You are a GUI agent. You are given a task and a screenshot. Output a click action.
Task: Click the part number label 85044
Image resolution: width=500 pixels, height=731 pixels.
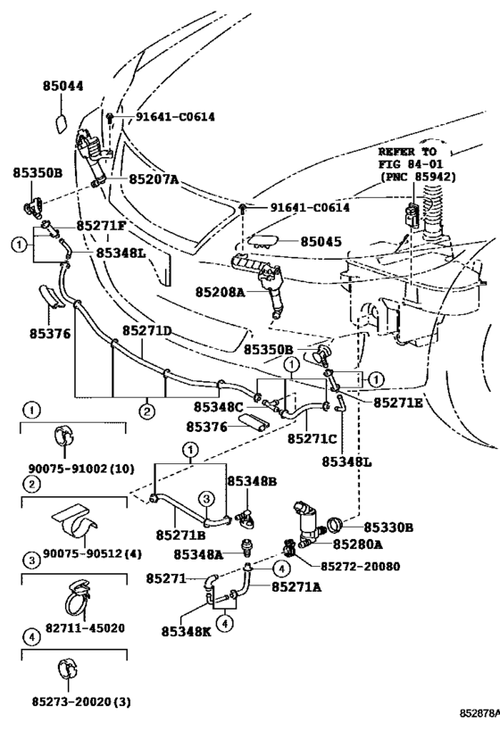(63, 87)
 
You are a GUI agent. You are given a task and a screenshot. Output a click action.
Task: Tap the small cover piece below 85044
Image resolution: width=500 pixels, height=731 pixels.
(62, 122)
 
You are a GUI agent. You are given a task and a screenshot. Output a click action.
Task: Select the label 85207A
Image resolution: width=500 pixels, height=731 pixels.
(154, 179)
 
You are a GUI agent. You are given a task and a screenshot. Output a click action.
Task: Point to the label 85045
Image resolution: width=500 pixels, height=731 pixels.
(321, 242)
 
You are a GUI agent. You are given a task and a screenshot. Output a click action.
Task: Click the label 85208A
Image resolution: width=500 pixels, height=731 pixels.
(221, 292)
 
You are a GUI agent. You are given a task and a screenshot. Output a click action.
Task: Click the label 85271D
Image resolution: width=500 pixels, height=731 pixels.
(147, 330)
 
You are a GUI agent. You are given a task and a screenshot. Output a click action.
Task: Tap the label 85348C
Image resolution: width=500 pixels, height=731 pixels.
(218, 407)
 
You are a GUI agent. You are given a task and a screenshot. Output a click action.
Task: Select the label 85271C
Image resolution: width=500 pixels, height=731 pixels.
(312, 439)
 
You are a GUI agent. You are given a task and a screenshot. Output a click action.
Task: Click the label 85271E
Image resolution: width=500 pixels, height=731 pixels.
(398, 403)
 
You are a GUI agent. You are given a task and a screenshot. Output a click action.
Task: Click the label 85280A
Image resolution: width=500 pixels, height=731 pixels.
(358, 544)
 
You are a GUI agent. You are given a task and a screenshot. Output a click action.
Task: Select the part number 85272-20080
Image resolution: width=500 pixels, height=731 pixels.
(360, 567)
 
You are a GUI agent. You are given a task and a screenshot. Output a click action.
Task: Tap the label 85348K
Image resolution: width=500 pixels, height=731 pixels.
(186, 631)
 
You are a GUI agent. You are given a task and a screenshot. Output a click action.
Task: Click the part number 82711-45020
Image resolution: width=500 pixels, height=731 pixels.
(85, 628)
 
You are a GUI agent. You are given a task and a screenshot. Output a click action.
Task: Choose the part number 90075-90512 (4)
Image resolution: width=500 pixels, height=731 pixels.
(92, 553)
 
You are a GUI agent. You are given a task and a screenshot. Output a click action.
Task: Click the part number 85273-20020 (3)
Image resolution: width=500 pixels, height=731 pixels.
(81, 702)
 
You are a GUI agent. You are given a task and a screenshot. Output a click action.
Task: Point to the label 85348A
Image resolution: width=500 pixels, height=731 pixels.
(198, 554)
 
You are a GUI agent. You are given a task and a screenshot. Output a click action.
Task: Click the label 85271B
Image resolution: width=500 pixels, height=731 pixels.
(180, 536)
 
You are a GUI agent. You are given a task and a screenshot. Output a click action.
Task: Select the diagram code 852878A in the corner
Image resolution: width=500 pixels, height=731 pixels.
(479, 714)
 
